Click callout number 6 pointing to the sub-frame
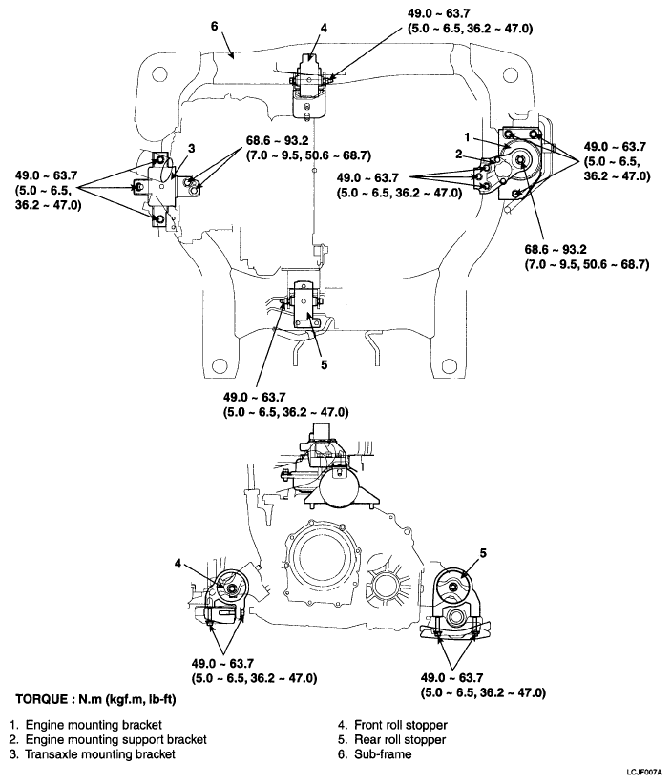coord(215,26)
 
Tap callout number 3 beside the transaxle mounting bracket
coord(190,148)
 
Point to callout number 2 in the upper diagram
coord(458,154)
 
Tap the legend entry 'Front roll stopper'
coord(399,725)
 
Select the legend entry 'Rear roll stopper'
coord(398,739)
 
